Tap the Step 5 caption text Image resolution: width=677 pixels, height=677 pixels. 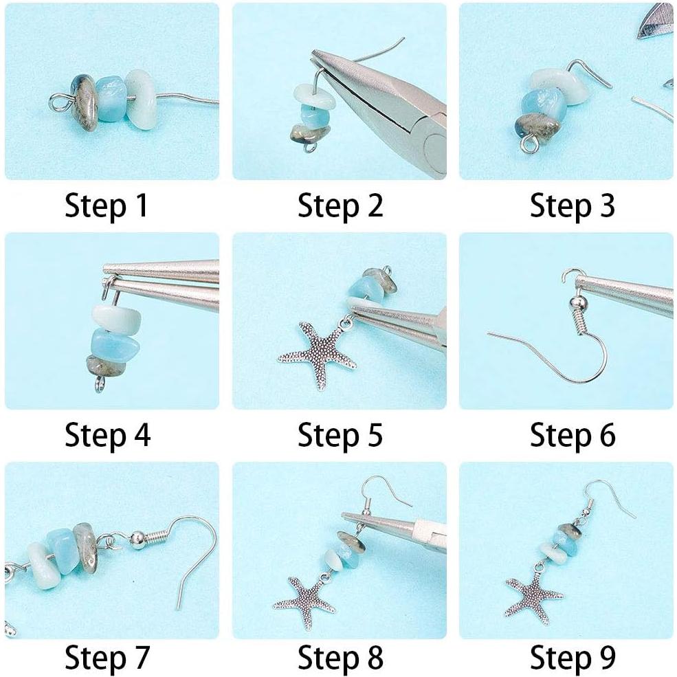(340, 435)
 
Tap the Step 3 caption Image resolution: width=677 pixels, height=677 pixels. (572, 206)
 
